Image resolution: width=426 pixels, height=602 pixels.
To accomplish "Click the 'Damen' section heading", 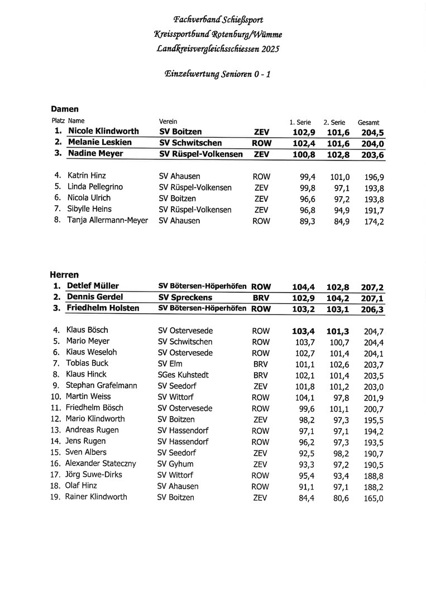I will click(65, 109).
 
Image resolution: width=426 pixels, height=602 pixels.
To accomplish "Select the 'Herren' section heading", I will click(64, 275).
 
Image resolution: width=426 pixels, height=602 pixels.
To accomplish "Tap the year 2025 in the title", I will click(270, 49).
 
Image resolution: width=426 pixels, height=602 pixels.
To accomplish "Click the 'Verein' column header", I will click(168, 121).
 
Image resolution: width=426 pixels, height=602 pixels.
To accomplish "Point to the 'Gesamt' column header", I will click(368, 123).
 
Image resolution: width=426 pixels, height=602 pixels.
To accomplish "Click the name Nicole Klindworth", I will click(103, 132).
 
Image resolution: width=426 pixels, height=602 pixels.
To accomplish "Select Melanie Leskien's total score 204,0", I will click(374, 143).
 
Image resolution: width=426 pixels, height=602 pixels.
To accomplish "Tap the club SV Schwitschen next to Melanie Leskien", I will click(190, 143).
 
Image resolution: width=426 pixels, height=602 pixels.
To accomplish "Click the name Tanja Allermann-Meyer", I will click(108, 220).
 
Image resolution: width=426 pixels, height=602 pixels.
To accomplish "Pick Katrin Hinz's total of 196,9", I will click(374, 177).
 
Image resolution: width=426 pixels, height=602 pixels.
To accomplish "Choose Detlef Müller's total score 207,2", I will click(372, 287).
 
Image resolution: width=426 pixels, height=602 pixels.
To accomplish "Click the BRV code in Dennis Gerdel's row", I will click(261, 298).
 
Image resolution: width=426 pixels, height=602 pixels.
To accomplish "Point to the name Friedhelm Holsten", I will click(103, 308).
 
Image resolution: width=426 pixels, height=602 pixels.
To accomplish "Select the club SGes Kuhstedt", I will click(183, 375).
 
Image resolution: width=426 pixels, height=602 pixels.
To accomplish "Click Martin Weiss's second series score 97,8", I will click(338, 397).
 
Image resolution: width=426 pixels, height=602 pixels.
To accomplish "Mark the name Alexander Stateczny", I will click(100, 463).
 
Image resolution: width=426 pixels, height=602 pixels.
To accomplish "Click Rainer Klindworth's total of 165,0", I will click(374, 498).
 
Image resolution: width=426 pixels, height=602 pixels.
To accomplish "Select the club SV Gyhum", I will click(175, 464).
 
